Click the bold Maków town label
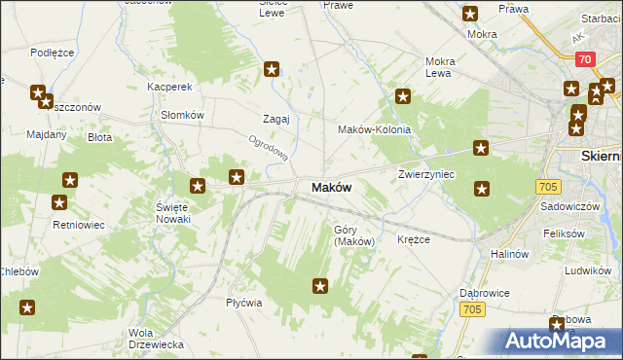tap(331, 187)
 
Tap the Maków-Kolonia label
tap(374, 129)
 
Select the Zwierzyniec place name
tap(426, 174)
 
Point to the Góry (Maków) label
tap(353, 235)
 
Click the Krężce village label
tap(414, 239)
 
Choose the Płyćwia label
tap(244, 303)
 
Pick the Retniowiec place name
tap(79, 225)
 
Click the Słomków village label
tap(181, 114)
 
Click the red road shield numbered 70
tap(584, 59)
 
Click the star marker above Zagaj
tap(272, 69)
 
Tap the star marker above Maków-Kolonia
tap(402, 96)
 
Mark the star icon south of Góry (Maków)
tap(320, 286)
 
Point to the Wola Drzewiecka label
tap(156, 339)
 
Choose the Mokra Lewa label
tap(439, 67)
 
